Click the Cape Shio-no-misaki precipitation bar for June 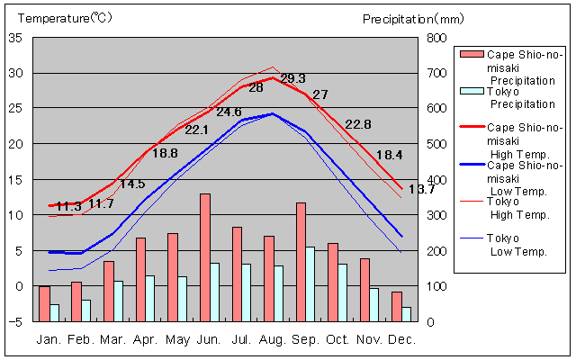205,257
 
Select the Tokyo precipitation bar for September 310,283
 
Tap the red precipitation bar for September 301,262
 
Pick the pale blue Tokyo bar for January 54,312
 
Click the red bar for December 396,306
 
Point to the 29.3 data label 292,79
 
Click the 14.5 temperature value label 132,184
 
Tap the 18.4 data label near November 389,156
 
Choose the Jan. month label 49,339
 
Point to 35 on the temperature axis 15,38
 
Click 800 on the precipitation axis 436,38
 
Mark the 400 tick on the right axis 436,180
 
